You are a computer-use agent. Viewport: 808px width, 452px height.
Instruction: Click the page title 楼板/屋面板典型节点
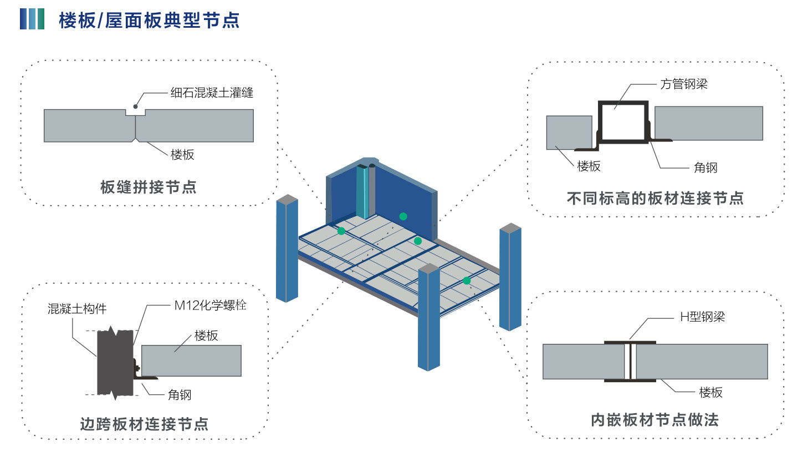(x=149, y=20)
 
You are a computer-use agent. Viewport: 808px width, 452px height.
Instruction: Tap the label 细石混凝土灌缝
(x=212, y=93)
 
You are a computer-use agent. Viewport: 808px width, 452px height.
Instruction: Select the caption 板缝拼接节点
(x=148, y=187)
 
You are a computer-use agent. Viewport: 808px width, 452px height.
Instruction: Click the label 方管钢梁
(x=684, y=84)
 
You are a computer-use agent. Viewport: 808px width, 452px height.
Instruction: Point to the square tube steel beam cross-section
(x=623, y=121)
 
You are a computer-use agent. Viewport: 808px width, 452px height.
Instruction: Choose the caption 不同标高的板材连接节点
(x=655, y=198)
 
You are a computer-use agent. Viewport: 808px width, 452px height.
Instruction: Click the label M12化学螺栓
(x=210, y=305)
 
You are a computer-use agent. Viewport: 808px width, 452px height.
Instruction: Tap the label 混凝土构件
(x=77, y=309)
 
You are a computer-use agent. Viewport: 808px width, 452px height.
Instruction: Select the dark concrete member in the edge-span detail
(x=115, y=363)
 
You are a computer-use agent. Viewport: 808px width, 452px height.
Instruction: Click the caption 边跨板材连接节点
(x=144, y=424)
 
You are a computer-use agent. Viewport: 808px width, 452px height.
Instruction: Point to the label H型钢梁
(x=702, y=317)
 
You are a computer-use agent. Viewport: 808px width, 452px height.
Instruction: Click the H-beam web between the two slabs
(x=630, y=362)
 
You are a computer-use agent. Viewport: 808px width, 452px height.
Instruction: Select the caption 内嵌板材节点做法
(x=654, y=420)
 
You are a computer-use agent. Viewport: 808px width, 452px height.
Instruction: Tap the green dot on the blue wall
(x=403, y=216)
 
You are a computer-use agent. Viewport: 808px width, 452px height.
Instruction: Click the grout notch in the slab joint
(x=135, y=112)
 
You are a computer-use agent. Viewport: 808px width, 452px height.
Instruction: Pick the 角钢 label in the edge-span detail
(x=180, y=395)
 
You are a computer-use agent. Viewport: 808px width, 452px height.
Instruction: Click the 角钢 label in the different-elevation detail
(x=705, y=167)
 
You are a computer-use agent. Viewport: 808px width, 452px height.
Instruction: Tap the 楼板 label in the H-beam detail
(x=710, y=393)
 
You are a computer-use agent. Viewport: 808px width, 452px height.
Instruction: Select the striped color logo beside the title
(x=32, y=19)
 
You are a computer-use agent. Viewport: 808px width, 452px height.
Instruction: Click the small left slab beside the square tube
(x=569, y=133)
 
